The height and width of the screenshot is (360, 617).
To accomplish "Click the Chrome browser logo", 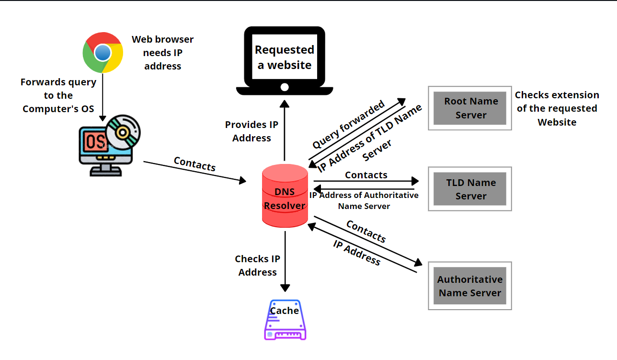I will (103, 52).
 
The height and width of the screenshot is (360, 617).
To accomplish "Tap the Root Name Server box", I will (470, 108).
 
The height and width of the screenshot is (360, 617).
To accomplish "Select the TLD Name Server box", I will (470, 189).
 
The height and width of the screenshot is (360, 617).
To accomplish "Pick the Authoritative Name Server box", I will (470, 286).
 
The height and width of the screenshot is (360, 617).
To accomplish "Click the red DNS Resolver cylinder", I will (285, 197).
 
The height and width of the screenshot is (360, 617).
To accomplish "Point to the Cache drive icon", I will (285, 320).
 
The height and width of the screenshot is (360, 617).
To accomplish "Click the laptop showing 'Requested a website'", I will (285, 59).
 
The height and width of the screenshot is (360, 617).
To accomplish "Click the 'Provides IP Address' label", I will (252, 131).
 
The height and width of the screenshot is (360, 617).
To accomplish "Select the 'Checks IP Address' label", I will (258, 266).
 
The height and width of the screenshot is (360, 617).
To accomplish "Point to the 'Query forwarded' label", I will (348, 125).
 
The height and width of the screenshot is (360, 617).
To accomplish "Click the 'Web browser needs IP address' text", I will (163, 53).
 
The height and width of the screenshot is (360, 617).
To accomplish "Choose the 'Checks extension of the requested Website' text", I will (557, 108).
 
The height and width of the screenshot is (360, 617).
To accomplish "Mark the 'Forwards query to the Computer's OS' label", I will (58, 95).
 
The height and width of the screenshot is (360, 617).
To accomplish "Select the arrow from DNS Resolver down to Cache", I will (285, 261).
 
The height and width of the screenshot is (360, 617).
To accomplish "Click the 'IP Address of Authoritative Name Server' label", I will (364, 201).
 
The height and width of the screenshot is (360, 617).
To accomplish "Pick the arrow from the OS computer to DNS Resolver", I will (194, 172).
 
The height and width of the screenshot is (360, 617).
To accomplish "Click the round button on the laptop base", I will (285, 87).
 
